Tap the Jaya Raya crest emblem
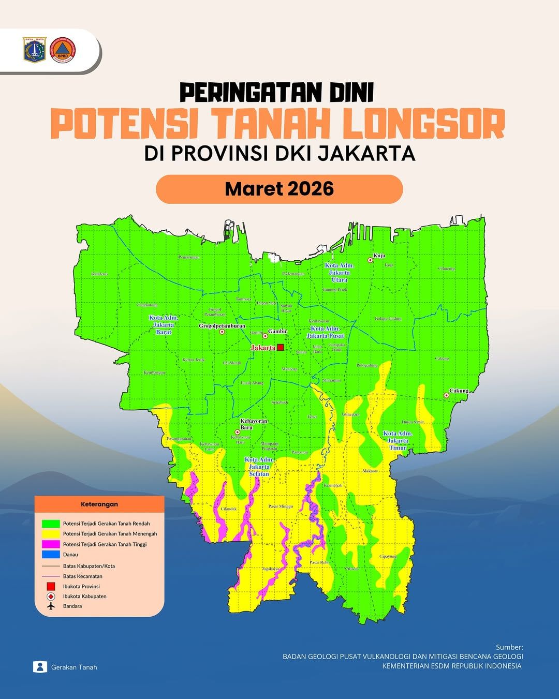pos(35,50)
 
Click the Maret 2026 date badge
pos(279,189)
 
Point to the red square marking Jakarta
pos(281,347)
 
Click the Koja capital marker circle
pos(370,260)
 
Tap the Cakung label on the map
pos(459,391)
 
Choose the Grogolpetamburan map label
pos(222,326)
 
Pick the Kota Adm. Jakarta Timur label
pos(398,440)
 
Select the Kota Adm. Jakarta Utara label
pos(339,272)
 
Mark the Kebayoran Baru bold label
pos(254,424)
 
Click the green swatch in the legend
pos(51,524)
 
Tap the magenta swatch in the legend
pos(51,544)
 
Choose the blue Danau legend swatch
pos(51,555)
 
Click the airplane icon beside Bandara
pos(51,606)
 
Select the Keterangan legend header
pos(99,504)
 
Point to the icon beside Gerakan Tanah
pos(40,667)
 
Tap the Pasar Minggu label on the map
pos(281,506)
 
